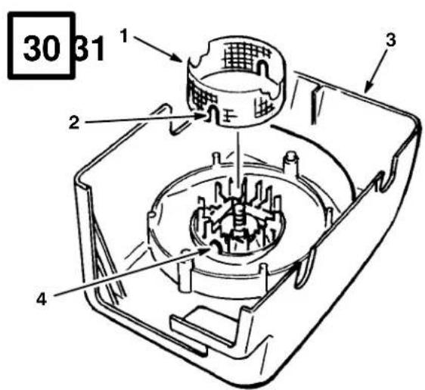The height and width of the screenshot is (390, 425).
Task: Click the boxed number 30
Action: (x=42, y=49)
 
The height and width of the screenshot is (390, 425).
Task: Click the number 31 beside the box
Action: (x=90, y=49)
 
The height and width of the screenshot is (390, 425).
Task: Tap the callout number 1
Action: (x=124, y=36)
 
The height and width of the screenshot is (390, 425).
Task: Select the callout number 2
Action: (x=74, y=123)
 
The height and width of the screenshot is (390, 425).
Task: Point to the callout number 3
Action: (x=390, y=40)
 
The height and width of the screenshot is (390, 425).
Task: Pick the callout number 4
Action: (x=42, y=299)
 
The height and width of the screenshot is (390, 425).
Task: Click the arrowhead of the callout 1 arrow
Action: (x=177, y=58)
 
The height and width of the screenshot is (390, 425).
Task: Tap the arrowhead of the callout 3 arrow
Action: (x=367, y=88)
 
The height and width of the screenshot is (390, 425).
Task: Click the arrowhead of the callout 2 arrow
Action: (x=200, y=116)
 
